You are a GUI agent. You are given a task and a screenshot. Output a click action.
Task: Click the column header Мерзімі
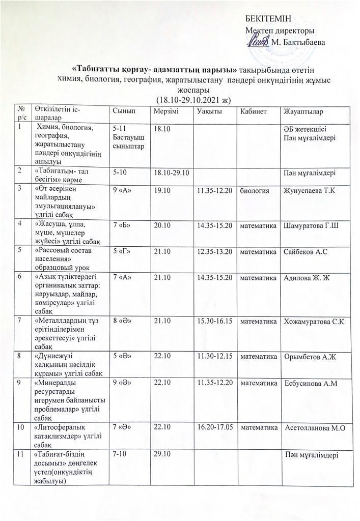tap(165, 111)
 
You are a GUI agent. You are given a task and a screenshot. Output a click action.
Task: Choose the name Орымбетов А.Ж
tap(311, 356)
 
